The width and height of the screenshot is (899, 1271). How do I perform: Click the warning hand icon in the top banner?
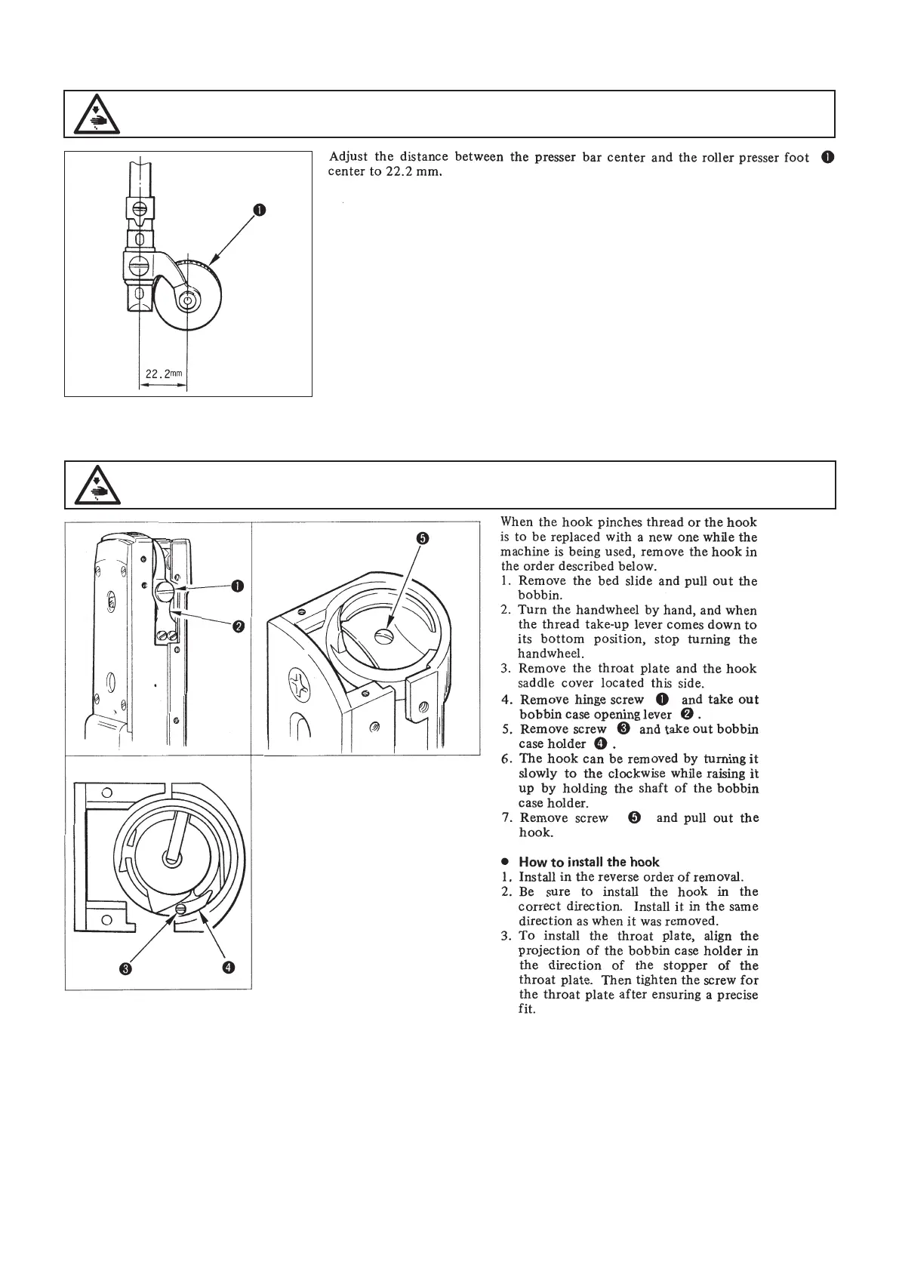click(93, 115)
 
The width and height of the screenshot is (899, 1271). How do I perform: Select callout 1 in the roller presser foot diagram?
click(259, 211)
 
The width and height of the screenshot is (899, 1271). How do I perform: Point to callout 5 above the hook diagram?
click(422, 538)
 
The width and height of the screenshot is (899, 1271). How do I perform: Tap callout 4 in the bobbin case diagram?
click(226, 967)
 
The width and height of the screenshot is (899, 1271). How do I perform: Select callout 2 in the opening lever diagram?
click(238, 626)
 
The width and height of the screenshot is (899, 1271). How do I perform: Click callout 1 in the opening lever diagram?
click(238, 586)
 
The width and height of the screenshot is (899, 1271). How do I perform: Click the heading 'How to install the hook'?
click(589, 862)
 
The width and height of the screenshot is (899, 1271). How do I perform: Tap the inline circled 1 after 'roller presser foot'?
click(827, 158)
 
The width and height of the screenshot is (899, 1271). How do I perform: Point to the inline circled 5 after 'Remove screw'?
click(635, 818)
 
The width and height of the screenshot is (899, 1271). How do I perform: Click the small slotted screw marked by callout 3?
click(180, 910)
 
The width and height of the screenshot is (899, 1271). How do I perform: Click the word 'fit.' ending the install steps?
click(527, 1009)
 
